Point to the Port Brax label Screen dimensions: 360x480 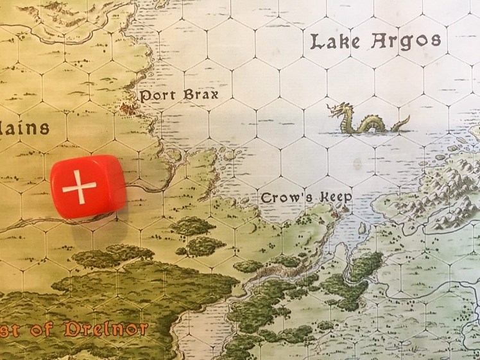(x=179, y=95)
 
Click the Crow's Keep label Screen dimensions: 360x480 (x=306, y=198)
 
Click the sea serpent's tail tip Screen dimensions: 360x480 (x=407, y=119)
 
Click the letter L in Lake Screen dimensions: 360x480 (x=316, y=42)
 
